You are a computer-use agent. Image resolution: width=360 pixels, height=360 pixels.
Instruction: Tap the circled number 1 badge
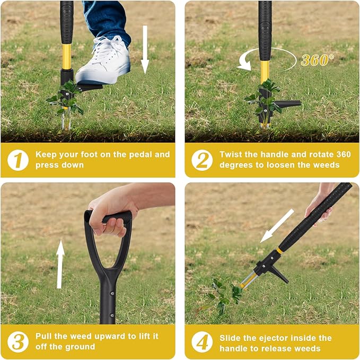[x=17, y=160]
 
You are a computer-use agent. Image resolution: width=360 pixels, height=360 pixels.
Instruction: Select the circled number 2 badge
[x=201, y=160]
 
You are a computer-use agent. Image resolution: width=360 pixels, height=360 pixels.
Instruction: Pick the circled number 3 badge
[x=17, y=341]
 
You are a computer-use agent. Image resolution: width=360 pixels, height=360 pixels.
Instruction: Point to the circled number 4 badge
[x=201, y=341]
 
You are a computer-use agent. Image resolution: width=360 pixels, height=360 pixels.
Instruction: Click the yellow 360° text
[x=318, y=60]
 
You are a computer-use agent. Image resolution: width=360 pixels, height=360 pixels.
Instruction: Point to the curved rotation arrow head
[x=244, y=67]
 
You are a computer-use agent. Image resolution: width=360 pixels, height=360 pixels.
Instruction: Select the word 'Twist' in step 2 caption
[x=231, y=155]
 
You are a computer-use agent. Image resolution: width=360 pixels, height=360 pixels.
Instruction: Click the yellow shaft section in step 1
[x=67, y=56]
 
